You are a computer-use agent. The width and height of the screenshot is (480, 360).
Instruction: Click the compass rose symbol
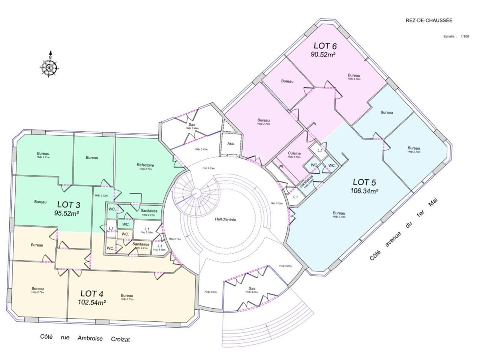click(x=49, y=67)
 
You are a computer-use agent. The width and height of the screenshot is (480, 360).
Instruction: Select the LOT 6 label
click(x=325, y=46)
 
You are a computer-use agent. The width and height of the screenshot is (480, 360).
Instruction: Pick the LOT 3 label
click(x=68, y=205)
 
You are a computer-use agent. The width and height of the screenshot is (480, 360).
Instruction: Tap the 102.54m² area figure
click(x=91, y=301)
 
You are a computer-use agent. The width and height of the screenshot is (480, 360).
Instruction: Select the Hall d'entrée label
click(x=225, y=220)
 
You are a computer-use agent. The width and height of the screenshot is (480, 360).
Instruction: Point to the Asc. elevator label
click(x=231, y=144)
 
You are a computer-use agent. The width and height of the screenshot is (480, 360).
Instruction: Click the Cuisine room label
click(x=294, y=153)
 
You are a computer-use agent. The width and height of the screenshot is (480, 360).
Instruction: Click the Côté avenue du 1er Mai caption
click(x=404, y=229)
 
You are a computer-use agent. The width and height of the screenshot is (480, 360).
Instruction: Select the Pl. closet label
click(x=280, y=166)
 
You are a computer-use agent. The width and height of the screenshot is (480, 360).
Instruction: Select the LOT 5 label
click(x=364, y=182)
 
